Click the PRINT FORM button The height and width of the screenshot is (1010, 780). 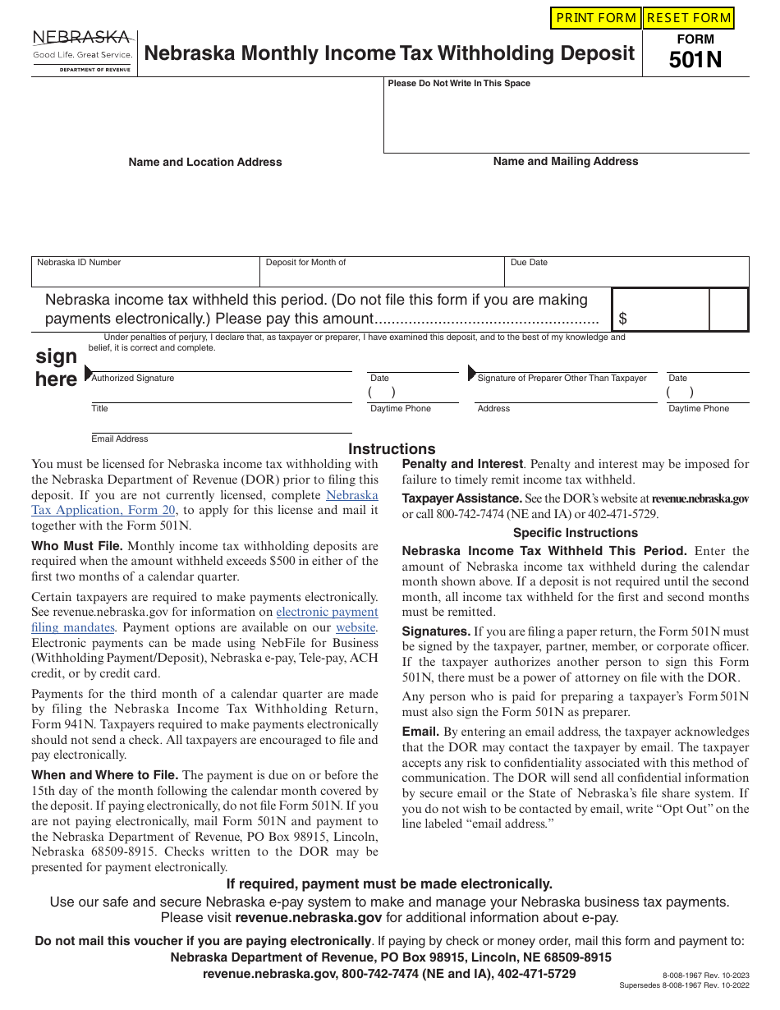[596, 18]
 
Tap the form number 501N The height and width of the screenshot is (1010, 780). [695, 59]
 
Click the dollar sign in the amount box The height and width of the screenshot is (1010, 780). [623, 319]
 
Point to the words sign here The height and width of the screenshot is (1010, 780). [56, 368]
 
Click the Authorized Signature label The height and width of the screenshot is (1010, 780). [133, 379]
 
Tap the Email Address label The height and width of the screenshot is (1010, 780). [120, 439]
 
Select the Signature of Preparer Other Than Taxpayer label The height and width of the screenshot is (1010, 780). [562, 379]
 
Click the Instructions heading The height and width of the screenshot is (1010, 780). [392, 449]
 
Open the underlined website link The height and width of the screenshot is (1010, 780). [356, 628]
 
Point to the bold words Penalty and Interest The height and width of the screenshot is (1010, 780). [462, 464]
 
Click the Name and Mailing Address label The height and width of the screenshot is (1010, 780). [566, 162]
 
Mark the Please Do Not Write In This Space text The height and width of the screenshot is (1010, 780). [459, 84]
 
